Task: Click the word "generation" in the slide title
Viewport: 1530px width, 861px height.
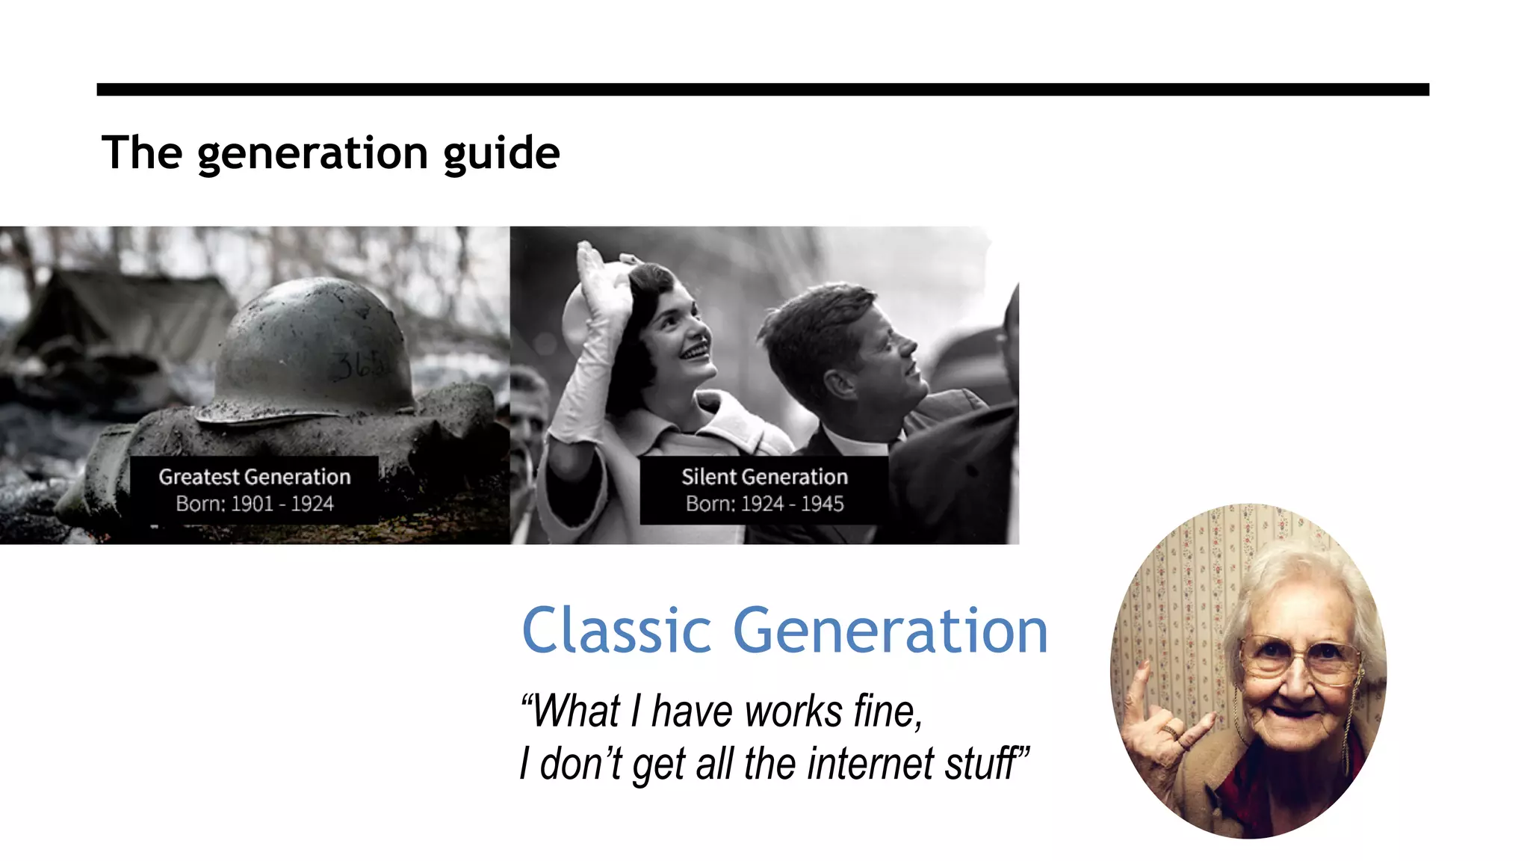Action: click(x=313, y=153)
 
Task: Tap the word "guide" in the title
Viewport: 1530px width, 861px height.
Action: click(x=501, y=153)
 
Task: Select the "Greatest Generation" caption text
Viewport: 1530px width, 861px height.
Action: click(x=254, y=477)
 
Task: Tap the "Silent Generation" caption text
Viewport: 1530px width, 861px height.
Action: click(x=764, y=477)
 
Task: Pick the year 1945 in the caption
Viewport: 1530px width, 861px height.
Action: click(x=822, y=504)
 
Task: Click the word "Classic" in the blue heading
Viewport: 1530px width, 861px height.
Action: click(x=616, y=631)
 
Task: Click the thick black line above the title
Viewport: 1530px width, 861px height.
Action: click(x=762, y=90)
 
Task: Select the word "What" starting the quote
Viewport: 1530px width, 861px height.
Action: click(x=575, y=711)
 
